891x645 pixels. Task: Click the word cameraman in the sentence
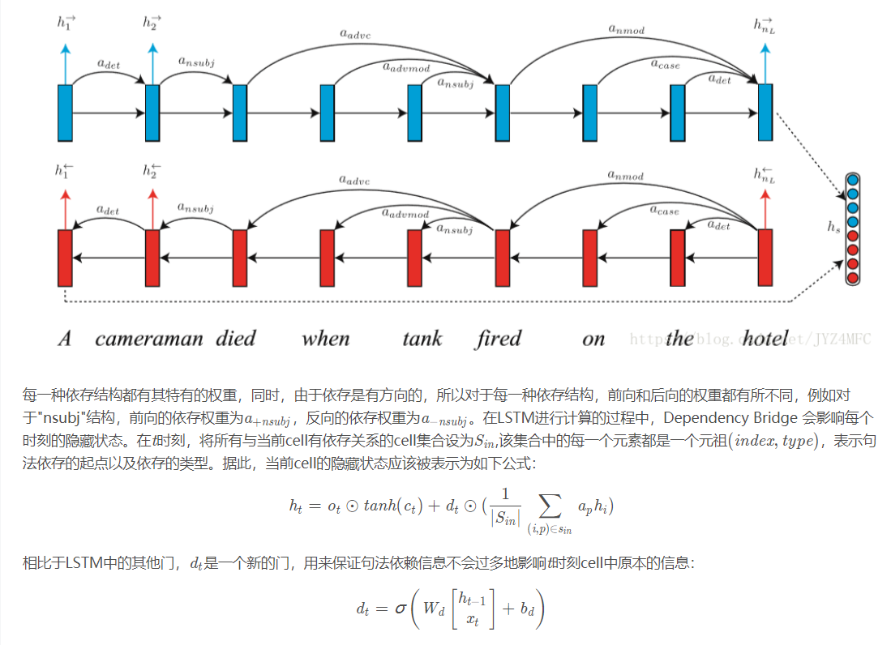[x=148, y=338]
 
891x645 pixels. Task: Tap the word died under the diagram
[x=236, y=338]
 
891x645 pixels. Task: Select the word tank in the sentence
[x=422, y=338]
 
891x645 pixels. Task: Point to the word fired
[x=498, y=338]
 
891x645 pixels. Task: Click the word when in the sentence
[x=325, y=338]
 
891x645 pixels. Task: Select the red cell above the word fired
[x=503, y=258]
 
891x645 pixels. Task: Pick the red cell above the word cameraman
[x=152, y=258]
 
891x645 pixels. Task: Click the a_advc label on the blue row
[x=354, y=34]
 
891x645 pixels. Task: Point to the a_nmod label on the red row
[x=626, y=174]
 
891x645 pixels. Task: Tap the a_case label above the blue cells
[x=665, y=63]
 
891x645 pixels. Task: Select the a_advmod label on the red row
[x=405, y=214]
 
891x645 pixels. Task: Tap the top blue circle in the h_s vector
[x=852, y=181]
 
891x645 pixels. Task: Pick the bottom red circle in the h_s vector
[x=852, y=278]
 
